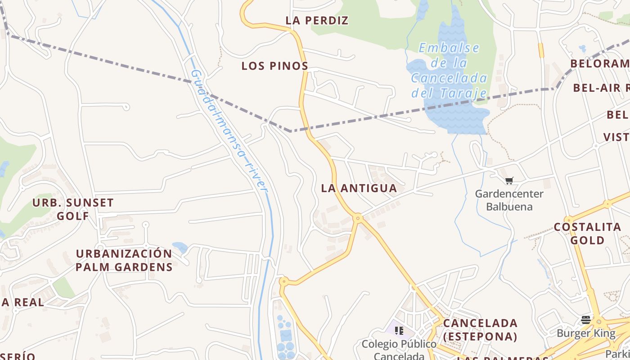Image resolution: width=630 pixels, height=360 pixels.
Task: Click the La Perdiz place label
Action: click(x=317, y=20)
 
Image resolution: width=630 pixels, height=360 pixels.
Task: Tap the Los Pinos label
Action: click(x=274, y=66)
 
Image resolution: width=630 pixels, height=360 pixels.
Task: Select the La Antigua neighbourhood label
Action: click(x=359, y=188)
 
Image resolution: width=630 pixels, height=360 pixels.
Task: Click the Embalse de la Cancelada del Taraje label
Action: click(x=449, y=70)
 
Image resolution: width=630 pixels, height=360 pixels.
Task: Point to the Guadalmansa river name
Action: click(x=229, y=130)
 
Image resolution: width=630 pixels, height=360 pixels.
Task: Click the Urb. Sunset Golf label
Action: click(x=73, y=209)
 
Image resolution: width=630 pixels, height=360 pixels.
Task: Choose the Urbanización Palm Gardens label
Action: click(x=124, y=260)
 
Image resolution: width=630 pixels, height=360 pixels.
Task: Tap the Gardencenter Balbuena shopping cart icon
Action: click(x=509, y=181)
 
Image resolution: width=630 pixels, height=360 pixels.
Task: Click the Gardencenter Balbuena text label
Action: click(x=509, y=200)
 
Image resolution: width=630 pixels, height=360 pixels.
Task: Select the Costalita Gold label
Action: click(x=587, y=233)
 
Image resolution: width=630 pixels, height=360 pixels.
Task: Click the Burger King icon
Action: click(x=585, y=320)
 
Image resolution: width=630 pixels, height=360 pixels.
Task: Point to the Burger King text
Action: click(x=586, y=333)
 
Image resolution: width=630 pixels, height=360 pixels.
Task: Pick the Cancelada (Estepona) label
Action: click(x=480, y=329)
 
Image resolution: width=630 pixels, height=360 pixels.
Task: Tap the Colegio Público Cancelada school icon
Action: click(x=399, y=331)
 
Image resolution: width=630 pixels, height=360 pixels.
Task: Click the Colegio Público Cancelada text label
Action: click(x=399, y=350)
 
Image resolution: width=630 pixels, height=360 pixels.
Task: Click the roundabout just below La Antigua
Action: click(x=358, y=218)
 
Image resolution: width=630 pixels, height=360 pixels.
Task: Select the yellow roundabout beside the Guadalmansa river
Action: click(x=283, y=282)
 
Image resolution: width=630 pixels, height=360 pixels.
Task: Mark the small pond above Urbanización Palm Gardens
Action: click(x=180, y=247)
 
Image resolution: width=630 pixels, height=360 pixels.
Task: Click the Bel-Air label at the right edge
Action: click(x=601, y=88)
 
